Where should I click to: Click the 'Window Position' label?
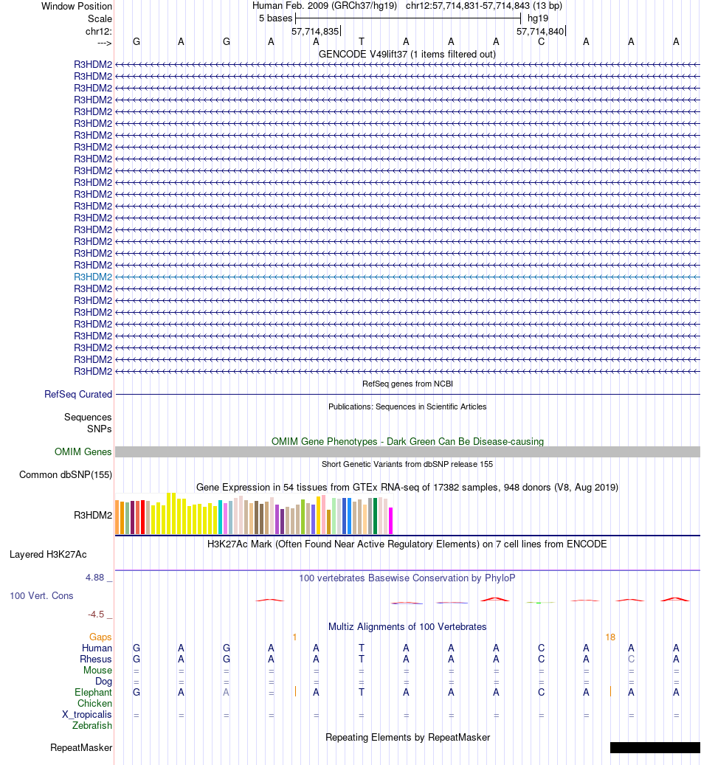(x=77, y=6)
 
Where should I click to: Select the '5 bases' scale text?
(x=275, y=18)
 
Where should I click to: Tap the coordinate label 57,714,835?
(x=315, y=31)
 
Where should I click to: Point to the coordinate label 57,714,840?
(x=540, y=31)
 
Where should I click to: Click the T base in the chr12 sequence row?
(x=362, y=41)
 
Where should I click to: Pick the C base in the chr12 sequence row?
(x=541, y=41)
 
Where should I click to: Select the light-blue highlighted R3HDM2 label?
(x=93, y=277)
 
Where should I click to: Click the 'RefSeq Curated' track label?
(x=78, y=395)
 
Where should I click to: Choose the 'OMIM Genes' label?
(x=83, y=452)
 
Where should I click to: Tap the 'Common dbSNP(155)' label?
(x=66, y=475)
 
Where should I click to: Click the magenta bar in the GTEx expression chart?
(x=391, y=520)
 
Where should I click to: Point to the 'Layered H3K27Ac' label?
(x=53, y=554)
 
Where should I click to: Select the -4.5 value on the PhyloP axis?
(x=97, y=614)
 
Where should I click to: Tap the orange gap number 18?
(x=610, y=637)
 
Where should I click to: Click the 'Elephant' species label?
(x=93, y=693)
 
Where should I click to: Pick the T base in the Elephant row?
(x=362, y=693)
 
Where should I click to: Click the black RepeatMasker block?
(x=655, y=747)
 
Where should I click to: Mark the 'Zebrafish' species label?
(x=92, y=726)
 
